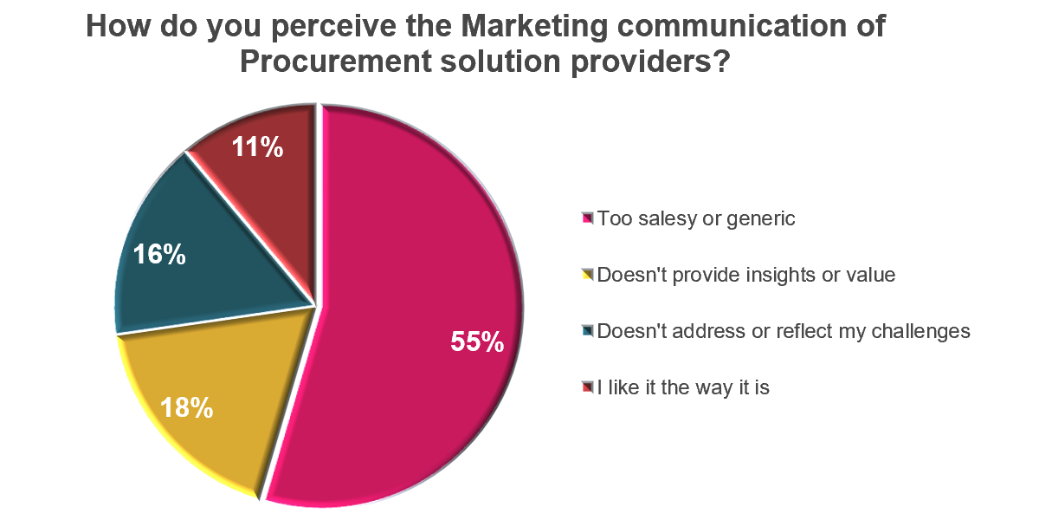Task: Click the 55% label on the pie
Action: click(x=476, y=342)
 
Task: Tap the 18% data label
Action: click(x=187, y=407)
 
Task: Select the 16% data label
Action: click(x=158, y=255)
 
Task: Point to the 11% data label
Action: click(x=257, y=148)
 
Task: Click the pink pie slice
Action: click(x=416, y=260)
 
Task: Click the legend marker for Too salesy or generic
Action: click(x=588, y=219)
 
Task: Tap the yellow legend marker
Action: click(x=588, y=276)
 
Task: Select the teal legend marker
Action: click(x=588, y=331)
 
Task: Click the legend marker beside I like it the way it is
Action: click(x=588, y=387)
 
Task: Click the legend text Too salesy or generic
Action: click(x=696, y=219)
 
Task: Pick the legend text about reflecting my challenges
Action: click(x=784, y=331)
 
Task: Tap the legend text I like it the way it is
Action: click(x=683, y=387)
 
